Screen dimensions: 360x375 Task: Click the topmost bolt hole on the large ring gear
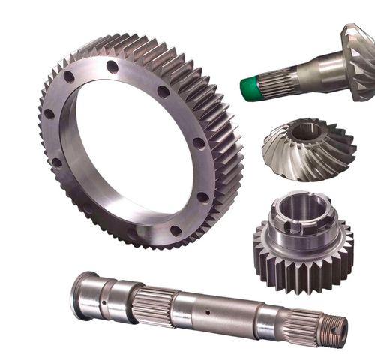[112, 66]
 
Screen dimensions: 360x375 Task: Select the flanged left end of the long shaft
[84, 295]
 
